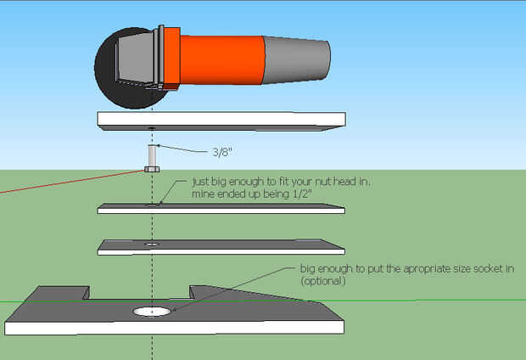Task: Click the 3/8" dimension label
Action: point(223,153)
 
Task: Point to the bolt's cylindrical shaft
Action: point(152,155)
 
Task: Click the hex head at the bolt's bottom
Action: point(152,169)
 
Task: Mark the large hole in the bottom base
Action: point(152,312)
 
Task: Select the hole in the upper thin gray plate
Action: point(152,204)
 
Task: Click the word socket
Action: point(465,269)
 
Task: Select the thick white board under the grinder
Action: point(221,120)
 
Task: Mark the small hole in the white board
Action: point(151,128)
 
